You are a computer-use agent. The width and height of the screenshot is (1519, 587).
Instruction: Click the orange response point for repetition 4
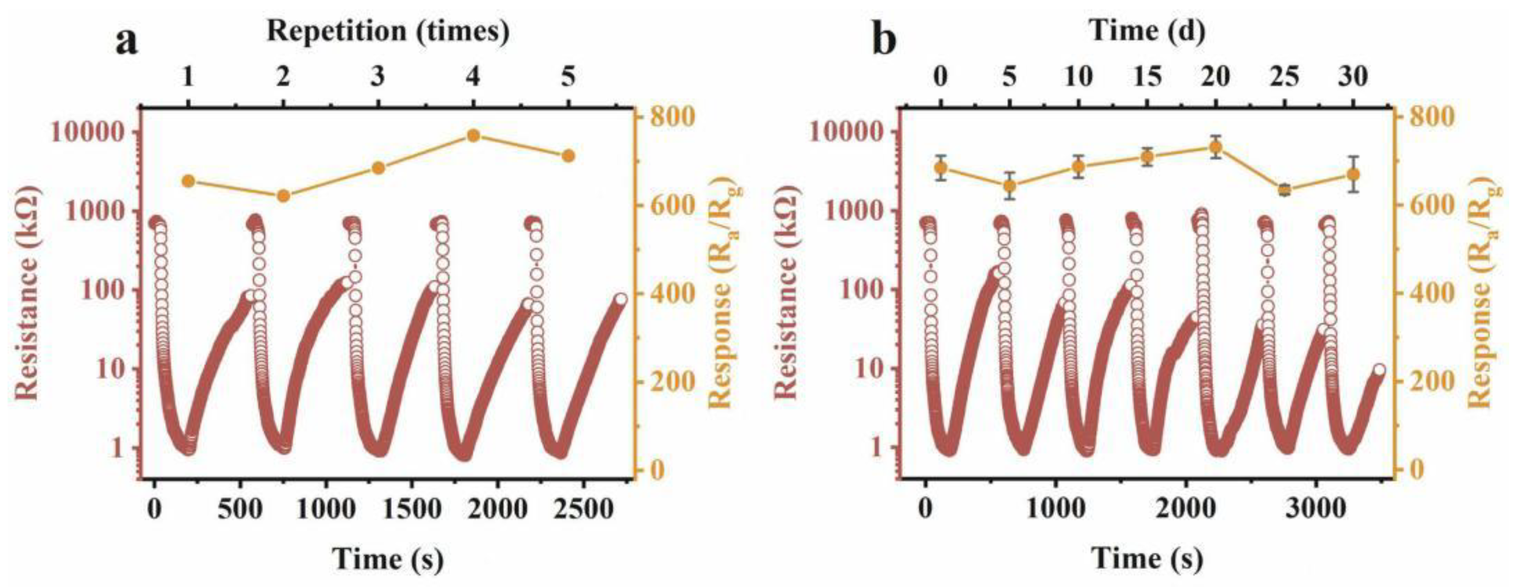tap(473, 136)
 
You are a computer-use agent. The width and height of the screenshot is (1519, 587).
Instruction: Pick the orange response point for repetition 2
tap(283, 196)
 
